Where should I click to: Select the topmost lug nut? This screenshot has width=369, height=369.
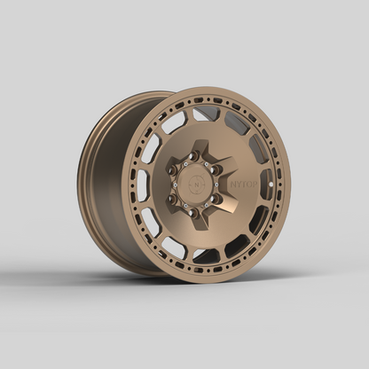click(193, 154)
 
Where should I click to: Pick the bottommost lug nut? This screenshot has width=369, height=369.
click(193, 213)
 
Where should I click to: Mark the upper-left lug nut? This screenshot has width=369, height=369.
click(172, 169)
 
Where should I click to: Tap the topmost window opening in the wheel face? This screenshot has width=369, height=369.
click(207, 113)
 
